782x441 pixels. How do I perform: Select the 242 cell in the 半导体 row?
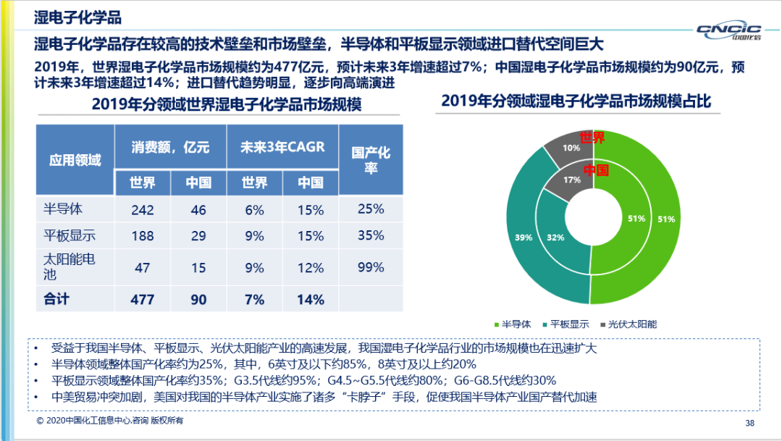pyautogui.click(x=143, y=210)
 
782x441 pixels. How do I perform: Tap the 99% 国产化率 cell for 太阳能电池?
pyautogui.click(x=371, y=267)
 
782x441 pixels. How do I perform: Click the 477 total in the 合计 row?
pyautogui.click(x=143, y=299)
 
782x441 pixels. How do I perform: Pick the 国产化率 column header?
pyautogui.click(x=371, y=159)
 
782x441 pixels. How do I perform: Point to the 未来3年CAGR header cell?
pyautogui.click(x=282, y=147)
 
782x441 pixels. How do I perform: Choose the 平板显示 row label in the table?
pyautogui.click(x=70, y=236)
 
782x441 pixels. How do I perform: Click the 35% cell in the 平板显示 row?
pyautogui.click(x=371, y=235)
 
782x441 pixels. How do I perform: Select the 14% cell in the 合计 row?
pyautogui.click(x=311, y=299)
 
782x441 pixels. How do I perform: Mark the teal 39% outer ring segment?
pyautogui.click(x=520, y=237)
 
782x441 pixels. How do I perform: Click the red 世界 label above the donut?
pyautogui.click(x=592, y=138)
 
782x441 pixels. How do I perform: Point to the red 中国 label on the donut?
pyautogui.click(x=595, y=171)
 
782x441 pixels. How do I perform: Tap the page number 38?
pyautogui.click(x=749, y=423)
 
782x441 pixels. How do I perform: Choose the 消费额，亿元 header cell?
pyautogui.click(x=170, y=147)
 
